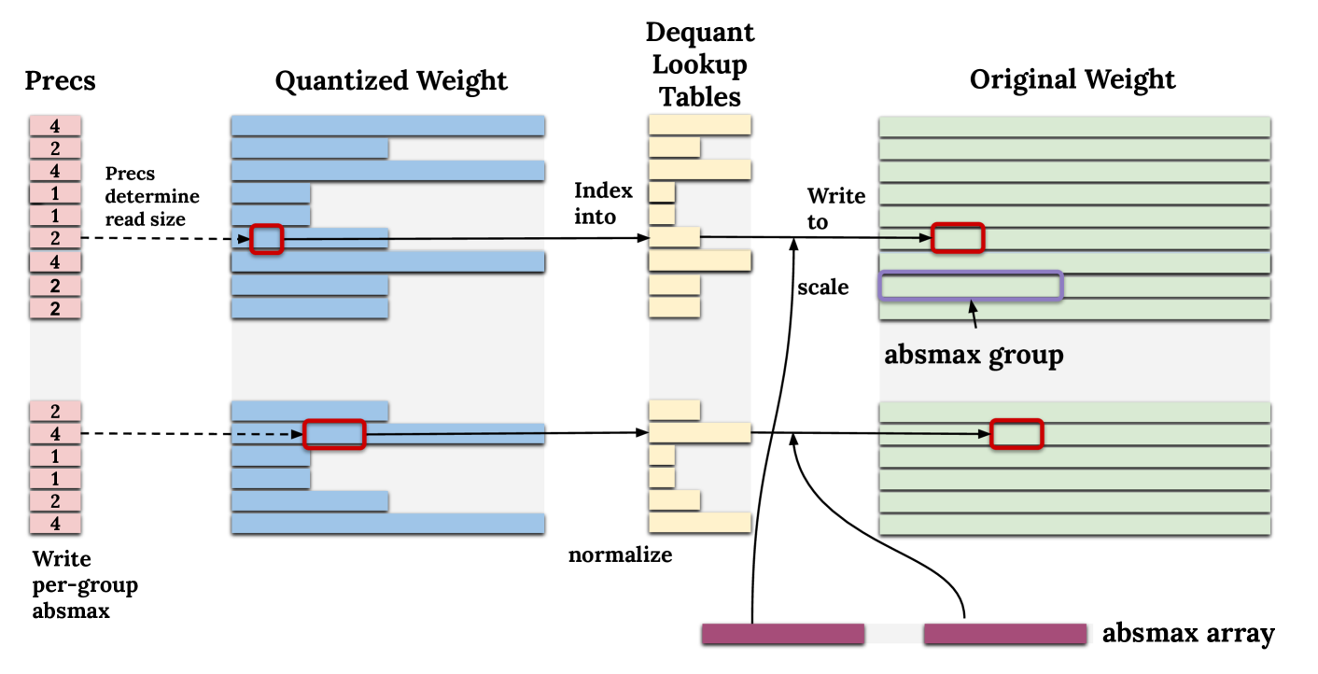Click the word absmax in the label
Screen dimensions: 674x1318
[x=928, y=355]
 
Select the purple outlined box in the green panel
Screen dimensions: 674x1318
[x=971, y=286]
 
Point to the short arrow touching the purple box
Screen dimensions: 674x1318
[x=974, y=314]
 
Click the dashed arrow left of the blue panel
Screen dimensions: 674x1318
[x=267, y=434]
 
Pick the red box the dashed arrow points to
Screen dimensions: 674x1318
[x=334, y=434]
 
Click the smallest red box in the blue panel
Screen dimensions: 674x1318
[x=266, y=240]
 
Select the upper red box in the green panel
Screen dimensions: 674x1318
[x=958, y=238]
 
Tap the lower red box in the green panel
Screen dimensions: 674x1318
[x=1016, y=434]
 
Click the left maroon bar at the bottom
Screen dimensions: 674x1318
[x=782, y=634]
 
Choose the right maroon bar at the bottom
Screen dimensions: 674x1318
[x=1005, y=634]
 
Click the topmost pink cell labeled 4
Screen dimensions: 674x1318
[x=55, y=125]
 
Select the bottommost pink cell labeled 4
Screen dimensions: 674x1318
[x=55, y=524]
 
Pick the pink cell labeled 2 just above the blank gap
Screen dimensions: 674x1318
[x=55, y=309]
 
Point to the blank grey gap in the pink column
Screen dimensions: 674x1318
[x=55, y=359]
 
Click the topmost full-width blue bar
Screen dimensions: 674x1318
[x=387, y=125]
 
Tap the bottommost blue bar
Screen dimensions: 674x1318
[x=387, y=523]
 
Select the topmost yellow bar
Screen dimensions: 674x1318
[x=699, y=125]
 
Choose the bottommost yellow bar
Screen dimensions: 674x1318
[x=699, y=522]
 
